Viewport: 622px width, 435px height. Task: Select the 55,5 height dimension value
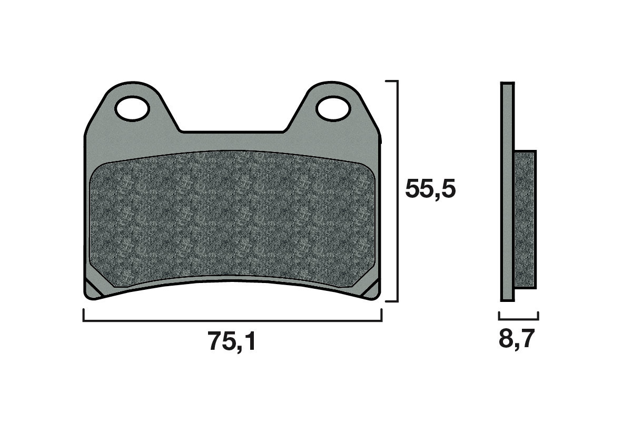click(430, 189)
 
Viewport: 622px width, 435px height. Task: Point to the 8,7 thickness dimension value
click(517, 340)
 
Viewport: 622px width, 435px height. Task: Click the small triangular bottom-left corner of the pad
click(93, 291)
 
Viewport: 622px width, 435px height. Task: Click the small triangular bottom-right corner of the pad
click(372, 291)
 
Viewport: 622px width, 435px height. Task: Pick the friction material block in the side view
click(525, 219)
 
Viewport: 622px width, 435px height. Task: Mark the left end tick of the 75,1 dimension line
click(84, 315)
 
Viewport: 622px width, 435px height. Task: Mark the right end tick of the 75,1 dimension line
click(381, 315)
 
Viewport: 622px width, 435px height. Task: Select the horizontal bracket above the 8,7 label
click(518, 319)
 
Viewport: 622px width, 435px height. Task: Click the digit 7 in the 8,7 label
click(527, 340)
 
